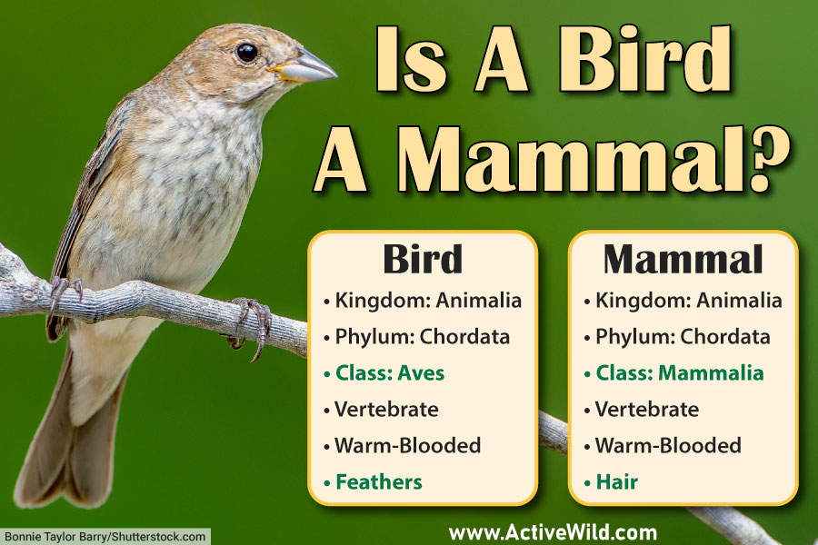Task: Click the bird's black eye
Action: (246, 52)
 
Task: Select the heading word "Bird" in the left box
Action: (422, 260)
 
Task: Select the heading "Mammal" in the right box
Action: (683, 260)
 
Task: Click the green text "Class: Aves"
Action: (390, 372)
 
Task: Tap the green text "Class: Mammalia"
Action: (679, 372)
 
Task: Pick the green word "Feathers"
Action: (378, 481)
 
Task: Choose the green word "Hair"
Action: (617, 481)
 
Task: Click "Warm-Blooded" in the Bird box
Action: (407, 445)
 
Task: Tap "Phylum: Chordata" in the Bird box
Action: (421, 336)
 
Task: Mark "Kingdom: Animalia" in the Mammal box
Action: (688, 300)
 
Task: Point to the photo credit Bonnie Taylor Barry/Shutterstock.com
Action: (105, 536)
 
